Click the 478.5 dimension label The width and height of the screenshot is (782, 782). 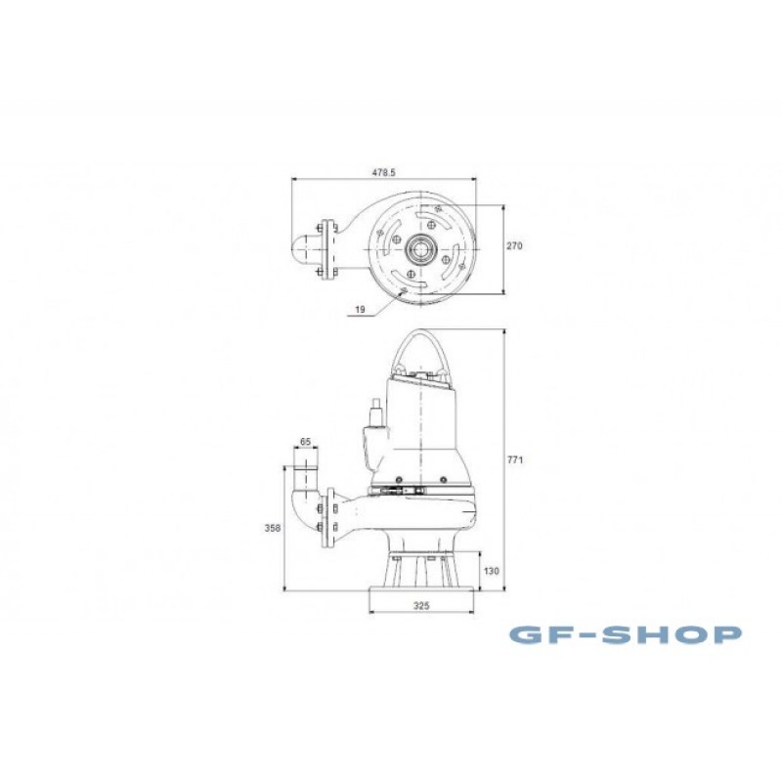tap(383, 172)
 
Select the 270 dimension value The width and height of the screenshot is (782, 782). tap(515, 246)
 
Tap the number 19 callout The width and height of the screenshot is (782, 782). tap(360, 310)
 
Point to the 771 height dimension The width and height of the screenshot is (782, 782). tap(515, 459)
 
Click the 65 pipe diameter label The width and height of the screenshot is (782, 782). tap(306, 442)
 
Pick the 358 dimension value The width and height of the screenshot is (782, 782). tap(273, 528)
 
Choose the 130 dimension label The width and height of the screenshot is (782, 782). tap(492, 572)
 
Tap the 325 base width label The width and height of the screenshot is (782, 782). tap(421, 606)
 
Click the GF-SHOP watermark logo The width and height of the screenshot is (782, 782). tap(625, 634)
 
